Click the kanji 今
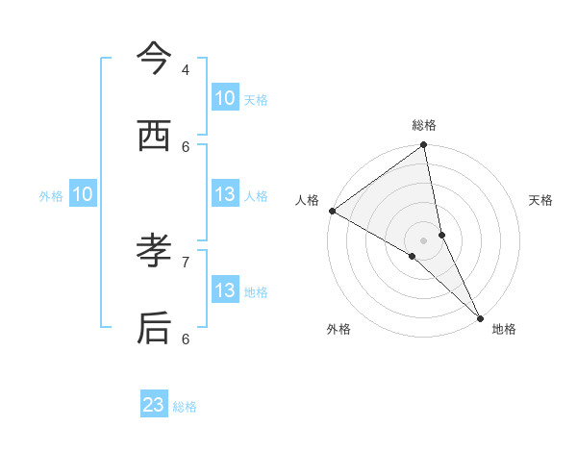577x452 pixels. (x=154, y=61)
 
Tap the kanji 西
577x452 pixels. (x=154, y=137)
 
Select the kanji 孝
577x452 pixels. (x=154, y=252)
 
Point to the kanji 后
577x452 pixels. (x=154, y=328)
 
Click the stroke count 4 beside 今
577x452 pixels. (x=186, y=69)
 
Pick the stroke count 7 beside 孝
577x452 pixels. (x=186, y=261)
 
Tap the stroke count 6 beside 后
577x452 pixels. (x=186, y=338)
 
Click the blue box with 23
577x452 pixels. (x=154, y=405)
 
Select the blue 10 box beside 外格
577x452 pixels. (x=83, y=194)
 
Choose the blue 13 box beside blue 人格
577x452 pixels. (x=225, y=194)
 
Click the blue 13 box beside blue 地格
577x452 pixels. (x=225, y=290)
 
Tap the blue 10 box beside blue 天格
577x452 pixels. (x=225, y=98)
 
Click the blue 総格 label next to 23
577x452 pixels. (x=185, y=407)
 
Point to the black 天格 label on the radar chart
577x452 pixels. (x=540, y=200)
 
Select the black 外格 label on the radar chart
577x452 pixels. (x=339, y=329)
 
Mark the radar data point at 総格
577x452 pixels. (x=424, y=146)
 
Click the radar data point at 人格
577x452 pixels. (x=332, y=211)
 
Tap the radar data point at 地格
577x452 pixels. (x=480, y=316)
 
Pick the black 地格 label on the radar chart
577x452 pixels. (x=504, y=329)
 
